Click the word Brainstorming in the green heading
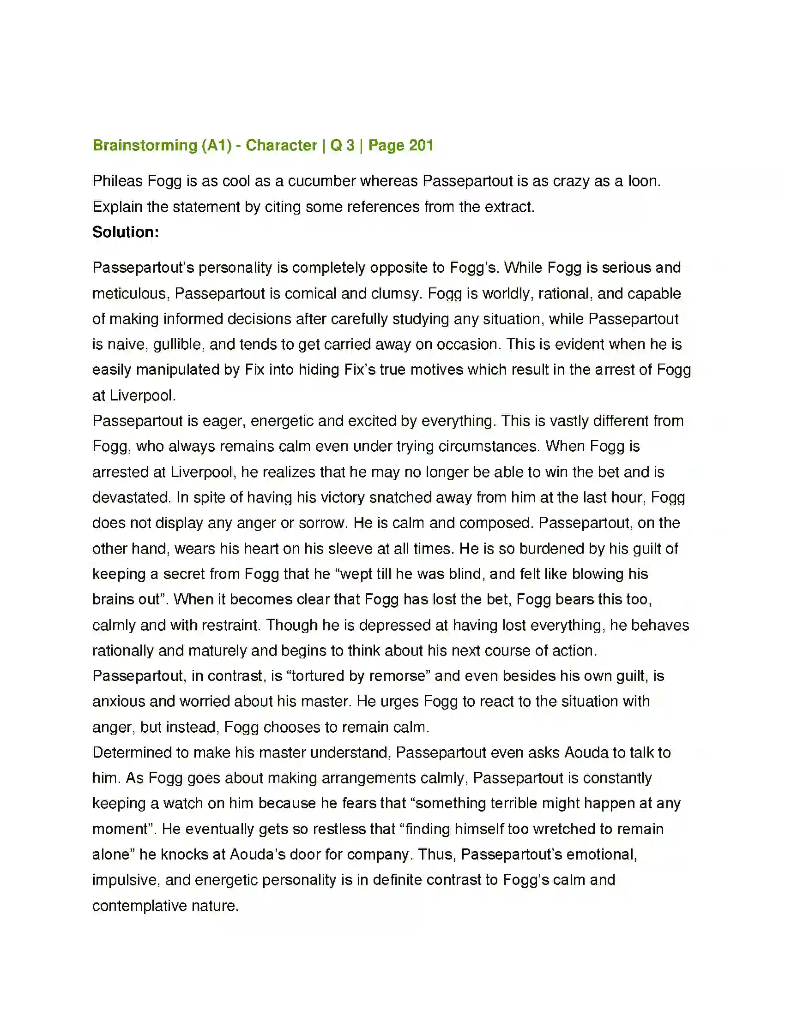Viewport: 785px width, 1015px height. [x=145, y=145]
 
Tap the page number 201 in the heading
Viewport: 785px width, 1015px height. [x=421, y=145]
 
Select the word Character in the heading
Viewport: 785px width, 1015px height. [x=281, y=145]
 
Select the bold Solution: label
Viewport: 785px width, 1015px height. [x=126, y=232]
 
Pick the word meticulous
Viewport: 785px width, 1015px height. [x=131, y=294]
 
